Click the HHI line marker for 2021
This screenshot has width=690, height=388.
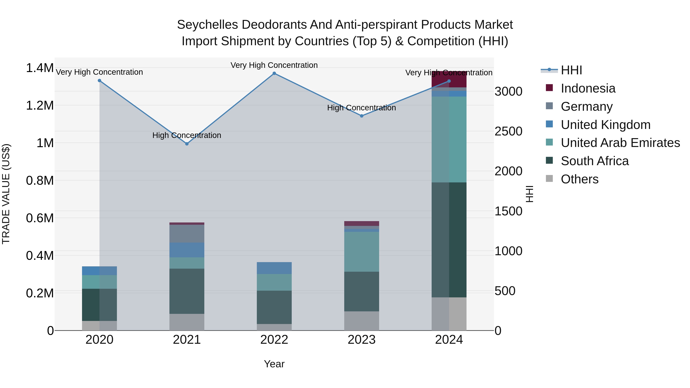(x=187, y=144)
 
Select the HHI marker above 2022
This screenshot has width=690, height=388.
(x=274, y=73)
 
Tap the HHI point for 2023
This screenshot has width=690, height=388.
(x=362, y=116)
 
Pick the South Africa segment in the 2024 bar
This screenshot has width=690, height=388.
(x=449, y=240)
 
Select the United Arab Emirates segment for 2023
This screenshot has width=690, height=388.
(x=362, y=252)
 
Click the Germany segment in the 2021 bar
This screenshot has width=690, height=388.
(x=187, y=234)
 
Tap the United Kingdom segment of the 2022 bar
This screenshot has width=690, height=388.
(x=274, y=268)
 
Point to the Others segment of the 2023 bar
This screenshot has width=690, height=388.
(x=362, y=321)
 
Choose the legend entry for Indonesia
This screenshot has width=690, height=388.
(x=588, y=88)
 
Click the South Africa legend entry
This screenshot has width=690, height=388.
(x=594, y=161)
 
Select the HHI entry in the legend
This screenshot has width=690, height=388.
(x=571, y=70)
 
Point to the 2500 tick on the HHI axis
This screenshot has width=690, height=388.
(x=508, y=131)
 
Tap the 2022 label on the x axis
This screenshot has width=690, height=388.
(x=274, y=340)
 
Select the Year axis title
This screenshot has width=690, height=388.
(x=274, y=364)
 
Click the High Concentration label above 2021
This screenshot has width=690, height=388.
(x=187, y=135)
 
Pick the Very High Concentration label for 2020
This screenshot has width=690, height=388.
(x=99, y=72)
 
